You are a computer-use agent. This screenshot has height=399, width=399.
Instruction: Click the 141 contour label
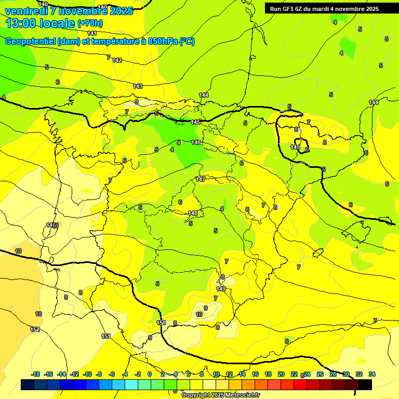[92, 33]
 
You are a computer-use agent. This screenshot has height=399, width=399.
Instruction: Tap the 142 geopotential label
[117, 61]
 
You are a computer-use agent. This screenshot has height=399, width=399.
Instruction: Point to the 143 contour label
[138, 86]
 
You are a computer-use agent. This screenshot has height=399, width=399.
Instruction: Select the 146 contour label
[196, 142]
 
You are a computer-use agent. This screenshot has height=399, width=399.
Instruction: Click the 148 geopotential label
[193, 213]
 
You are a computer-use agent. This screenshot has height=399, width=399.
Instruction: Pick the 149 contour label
[221, 289]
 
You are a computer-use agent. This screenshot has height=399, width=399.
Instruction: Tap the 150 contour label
[161, 323]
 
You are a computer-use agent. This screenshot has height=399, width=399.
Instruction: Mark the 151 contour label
[106, 336]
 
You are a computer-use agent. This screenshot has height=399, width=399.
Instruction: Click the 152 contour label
[35, 329]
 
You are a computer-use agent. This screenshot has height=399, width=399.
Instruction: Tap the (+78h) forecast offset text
[90, 23]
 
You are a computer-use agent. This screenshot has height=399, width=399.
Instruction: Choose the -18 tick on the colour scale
[36, 374]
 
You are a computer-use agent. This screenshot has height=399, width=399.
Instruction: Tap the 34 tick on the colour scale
[372, 374]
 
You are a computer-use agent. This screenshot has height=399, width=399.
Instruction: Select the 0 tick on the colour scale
[150, 374]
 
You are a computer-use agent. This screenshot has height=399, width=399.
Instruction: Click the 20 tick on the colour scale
[281, 374]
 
